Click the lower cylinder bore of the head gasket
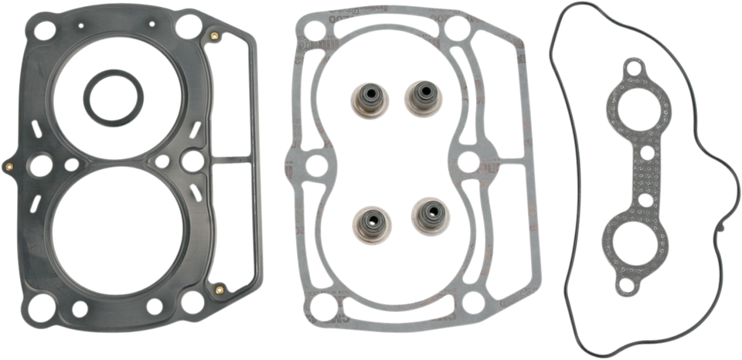(116, 231)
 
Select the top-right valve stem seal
(421, 97)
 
